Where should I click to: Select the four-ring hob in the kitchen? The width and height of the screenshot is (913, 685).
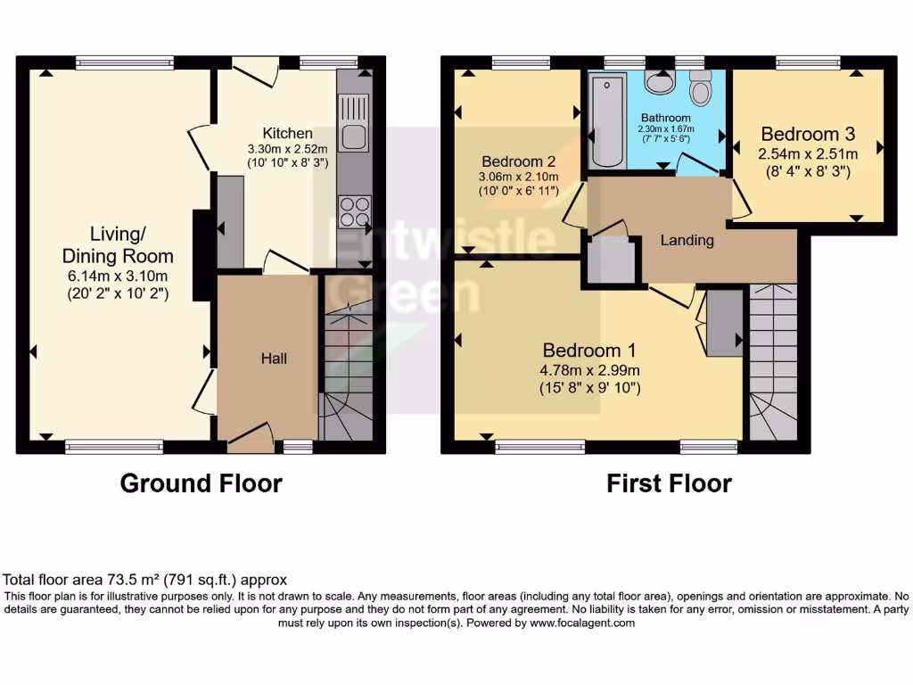[353, 213]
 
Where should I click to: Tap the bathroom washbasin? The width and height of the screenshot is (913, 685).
[660, 83]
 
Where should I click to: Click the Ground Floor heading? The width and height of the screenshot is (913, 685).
[201, 483]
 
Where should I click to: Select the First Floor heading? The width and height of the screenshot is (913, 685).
[669, 483]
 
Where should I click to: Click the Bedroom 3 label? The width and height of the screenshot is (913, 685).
[807, 134]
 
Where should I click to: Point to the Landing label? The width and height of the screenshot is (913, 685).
[687, 240]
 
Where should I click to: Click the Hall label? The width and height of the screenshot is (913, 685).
[274, 358]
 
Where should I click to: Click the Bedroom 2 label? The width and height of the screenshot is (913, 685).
[519, 161]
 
